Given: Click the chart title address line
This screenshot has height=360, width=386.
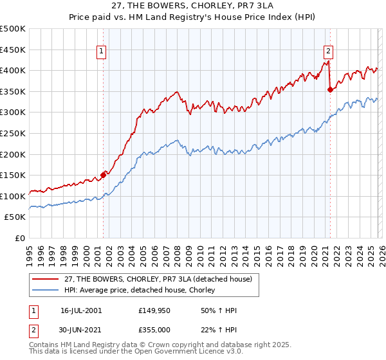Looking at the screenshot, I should point(192,6).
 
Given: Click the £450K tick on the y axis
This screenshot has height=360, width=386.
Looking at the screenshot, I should point(13,50).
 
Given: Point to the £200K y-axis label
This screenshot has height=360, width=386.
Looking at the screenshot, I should point(13,154).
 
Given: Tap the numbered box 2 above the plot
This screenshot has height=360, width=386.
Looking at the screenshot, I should point(329,53).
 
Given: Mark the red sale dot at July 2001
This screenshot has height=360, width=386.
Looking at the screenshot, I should point(103,175).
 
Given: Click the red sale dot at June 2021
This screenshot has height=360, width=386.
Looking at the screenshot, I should point(330,89).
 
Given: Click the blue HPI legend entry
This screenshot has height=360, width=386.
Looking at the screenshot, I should point(142,291).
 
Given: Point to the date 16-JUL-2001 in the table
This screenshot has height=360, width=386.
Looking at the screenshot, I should point(81,310).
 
